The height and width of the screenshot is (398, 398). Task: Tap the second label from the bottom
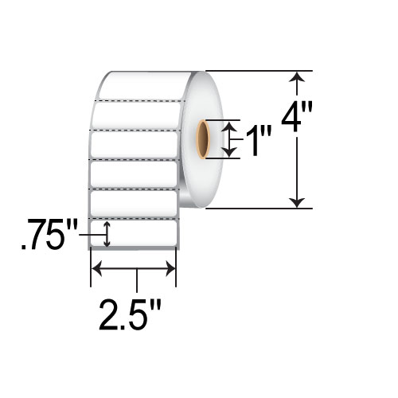coord(134,201)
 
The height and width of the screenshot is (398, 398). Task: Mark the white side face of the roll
coord(209,179)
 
